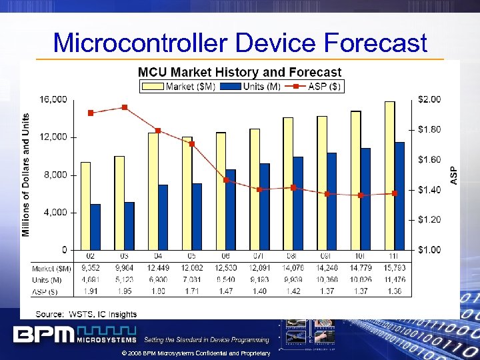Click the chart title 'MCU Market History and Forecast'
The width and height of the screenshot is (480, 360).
tap(239, 72)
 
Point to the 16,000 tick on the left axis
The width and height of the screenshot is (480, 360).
tap(54, 99)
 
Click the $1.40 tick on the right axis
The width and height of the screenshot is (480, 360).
tap(430, 190)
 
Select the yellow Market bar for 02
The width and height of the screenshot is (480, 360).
tap(85, 205)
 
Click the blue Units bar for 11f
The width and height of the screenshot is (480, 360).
tap(399, 195)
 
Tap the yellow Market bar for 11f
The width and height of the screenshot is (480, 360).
tap(389, 175)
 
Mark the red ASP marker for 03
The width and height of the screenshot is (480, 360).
tap(125, 107)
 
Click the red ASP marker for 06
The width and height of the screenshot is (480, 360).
tap(226, 180)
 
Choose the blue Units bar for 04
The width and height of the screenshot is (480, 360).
tap(163, 217)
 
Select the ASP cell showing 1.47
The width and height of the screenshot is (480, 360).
tap(226, 291)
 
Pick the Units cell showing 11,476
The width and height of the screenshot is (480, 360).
tap(395, 280)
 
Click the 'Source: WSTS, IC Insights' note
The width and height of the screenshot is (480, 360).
tap(86, 314)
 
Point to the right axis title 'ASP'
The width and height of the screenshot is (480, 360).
tap(454, 175)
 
